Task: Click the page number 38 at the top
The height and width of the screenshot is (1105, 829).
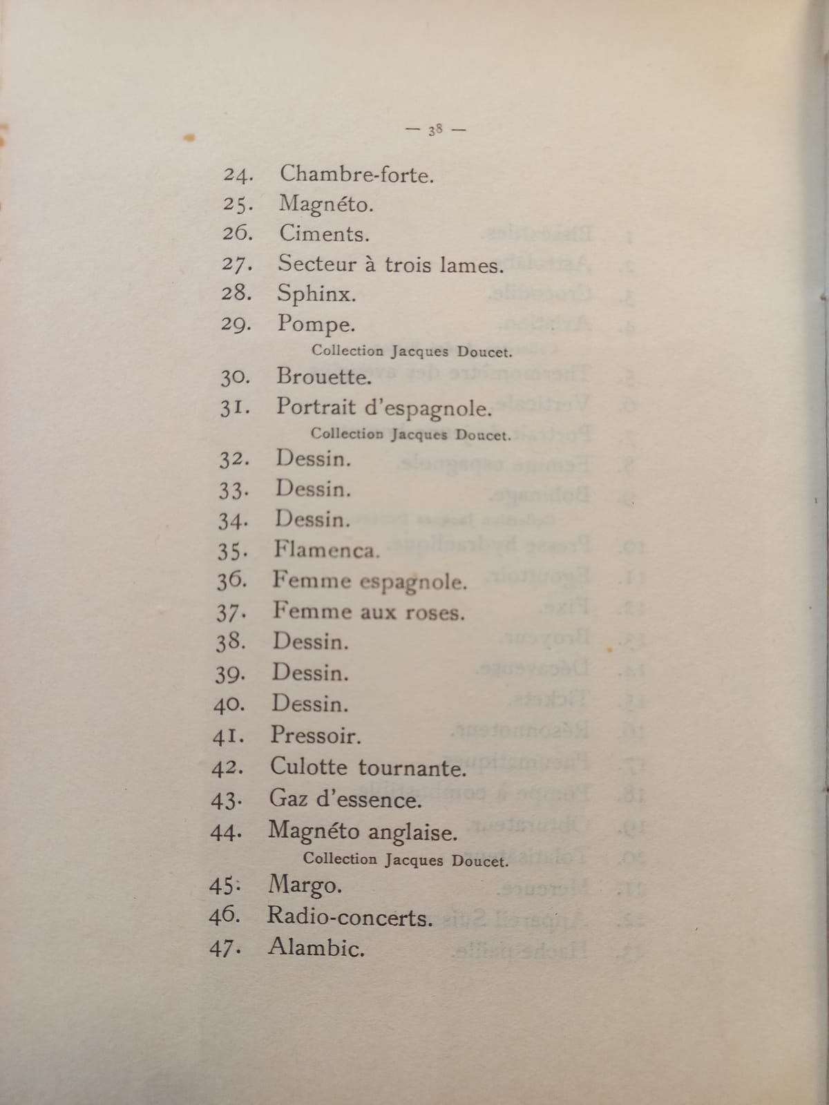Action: coord(435,129)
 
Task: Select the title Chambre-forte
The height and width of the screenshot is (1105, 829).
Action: coord(356,174)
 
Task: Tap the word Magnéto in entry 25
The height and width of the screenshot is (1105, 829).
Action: coord(325,204)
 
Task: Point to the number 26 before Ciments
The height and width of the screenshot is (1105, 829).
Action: coord(238,233)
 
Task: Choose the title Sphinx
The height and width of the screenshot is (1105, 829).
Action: coord(316,294)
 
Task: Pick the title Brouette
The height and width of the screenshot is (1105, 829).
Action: coord(324,376)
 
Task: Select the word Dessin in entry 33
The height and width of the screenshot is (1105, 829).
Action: coord(313,489)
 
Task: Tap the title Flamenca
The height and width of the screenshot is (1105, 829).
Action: coord(326,550)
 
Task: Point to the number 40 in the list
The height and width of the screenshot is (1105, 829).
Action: coord(229,704)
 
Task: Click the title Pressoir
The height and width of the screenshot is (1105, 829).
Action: coord(315,735)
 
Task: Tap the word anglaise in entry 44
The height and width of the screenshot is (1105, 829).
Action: coord(412,832)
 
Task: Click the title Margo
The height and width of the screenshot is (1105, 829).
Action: coord(305,885)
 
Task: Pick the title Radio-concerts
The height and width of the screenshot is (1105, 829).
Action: coord(350,917)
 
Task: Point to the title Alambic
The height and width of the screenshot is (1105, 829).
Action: coord(316,948)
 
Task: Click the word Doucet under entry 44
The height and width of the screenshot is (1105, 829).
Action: coord(479,861)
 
